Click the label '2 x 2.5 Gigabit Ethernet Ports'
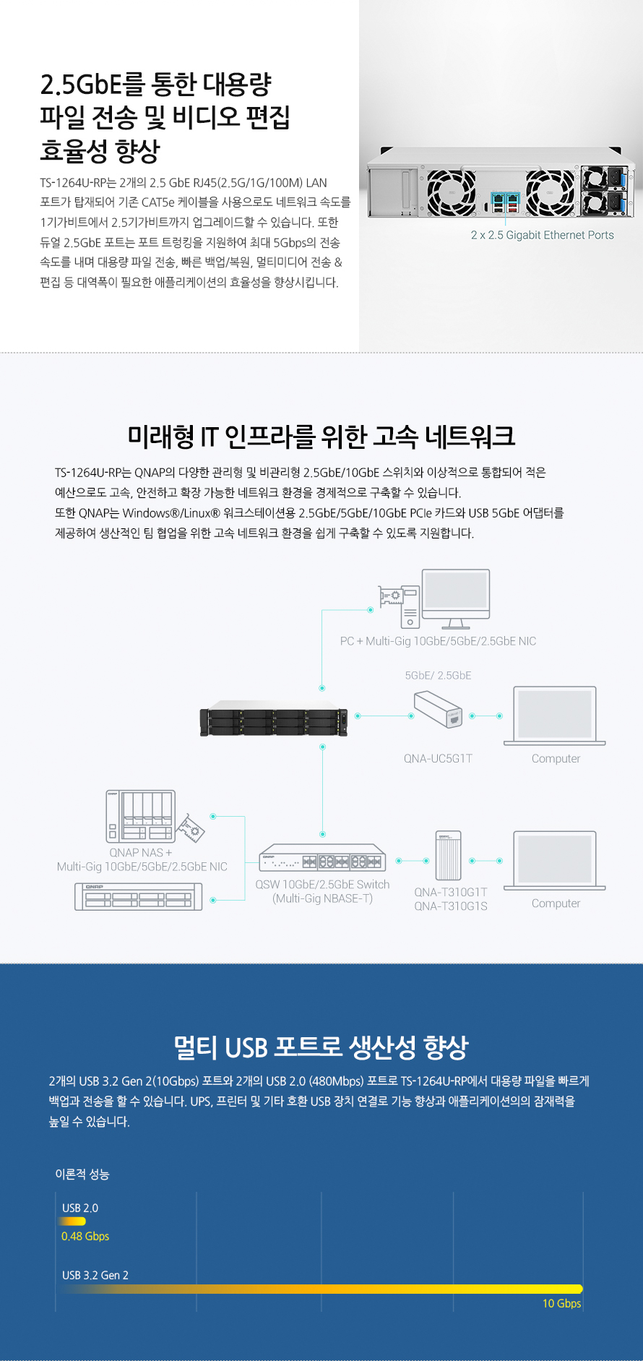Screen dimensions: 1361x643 (x=542, y=235)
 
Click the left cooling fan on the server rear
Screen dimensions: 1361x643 (x=451, y=192)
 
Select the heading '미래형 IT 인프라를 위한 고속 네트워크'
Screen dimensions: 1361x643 (x=321, y=436)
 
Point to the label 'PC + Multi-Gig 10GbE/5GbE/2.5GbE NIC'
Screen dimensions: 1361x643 (x=438, y=641)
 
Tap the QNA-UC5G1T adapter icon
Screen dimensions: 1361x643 (x=438, y=708)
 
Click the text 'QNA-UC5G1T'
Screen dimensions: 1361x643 (x=438, y=758)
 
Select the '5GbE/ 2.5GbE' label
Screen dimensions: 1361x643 (x=438, y=675)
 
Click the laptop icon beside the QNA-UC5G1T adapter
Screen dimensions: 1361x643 (x=555, y=716)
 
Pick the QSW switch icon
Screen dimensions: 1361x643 (x=322, y=858)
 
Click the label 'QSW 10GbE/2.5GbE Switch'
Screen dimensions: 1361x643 (x=322, y=885)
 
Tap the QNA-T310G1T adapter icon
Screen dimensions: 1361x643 (x=449, y=856)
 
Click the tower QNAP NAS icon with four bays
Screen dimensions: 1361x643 (x=142, y=817)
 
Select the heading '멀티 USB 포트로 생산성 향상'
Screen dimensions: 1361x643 (x=321, y=1047)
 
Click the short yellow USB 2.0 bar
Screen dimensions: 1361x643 (x=72, y=1221)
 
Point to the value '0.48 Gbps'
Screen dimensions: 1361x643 (x=85, y=1237)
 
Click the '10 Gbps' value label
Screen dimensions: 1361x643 (x=561, y=1303)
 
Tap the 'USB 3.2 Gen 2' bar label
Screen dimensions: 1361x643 (x=95, y=1275)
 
